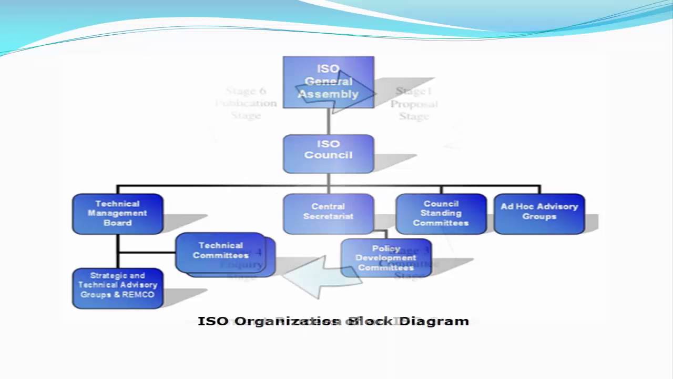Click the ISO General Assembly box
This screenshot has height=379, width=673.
click(329, 82)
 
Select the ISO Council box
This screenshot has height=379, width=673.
click(329, 154)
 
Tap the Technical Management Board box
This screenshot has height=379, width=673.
click(118, 214)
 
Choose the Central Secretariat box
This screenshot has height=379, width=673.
click(329, 213)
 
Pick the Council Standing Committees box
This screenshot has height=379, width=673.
click(441, 214)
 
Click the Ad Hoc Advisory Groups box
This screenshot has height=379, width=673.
click(539, 213)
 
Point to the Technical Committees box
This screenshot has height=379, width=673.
click(221, 253)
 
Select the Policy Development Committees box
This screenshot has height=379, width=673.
click(386, 258)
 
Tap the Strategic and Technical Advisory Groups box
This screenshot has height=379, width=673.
click(118, 288)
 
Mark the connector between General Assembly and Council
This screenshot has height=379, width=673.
click(329, 122)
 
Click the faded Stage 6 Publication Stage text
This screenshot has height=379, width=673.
click(246, 103)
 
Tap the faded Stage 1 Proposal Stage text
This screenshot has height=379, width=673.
click(414, 104)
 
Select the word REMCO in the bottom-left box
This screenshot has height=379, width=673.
click(138, 295)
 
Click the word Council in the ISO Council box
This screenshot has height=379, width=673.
click(328, 155)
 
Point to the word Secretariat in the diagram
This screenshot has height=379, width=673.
click(329, 216)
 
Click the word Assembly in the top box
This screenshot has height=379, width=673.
click(329, 94)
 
